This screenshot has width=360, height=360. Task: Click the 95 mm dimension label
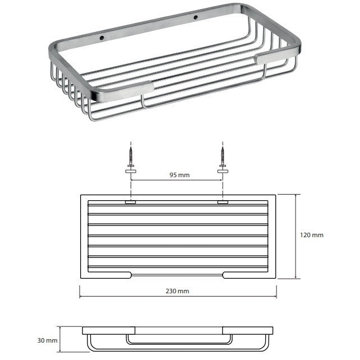point(179,175)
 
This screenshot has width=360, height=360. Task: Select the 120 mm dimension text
point(312,235)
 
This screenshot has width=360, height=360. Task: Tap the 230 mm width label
point(177,291)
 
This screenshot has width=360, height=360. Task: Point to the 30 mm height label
point(48,340)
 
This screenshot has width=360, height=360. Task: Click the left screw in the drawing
point(131,156)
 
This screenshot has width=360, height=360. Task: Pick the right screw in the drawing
point(223,156)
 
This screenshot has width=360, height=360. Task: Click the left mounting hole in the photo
point(102,38)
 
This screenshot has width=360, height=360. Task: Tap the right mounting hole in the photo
point(196,17)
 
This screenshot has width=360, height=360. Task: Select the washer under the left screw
point(131,171)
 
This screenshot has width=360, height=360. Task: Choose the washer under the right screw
point(223,171)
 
